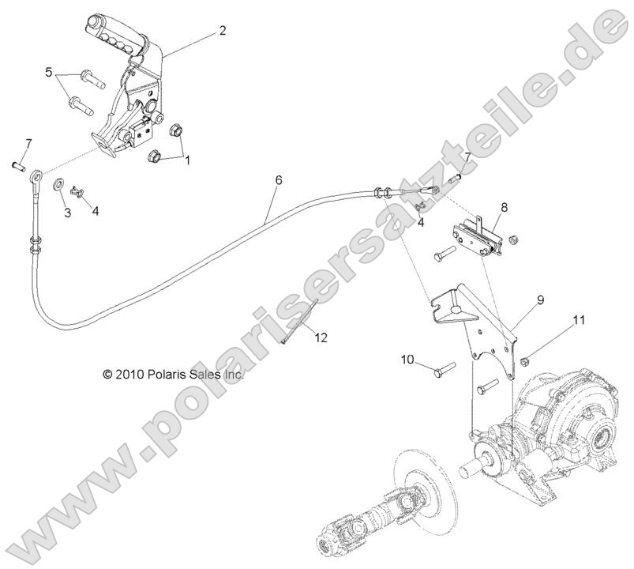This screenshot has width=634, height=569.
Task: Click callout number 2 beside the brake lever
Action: tap(222, 31)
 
